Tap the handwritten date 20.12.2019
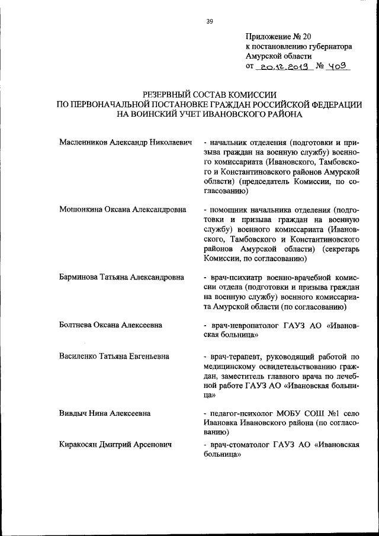point(283,66)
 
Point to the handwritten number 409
point(338,66)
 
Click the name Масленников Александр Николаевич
point(127,143)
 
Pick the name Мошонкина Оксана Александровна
point(123,210)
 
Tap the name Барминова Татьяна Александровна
point(121,277)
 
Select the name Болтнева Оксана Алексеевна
point(111,325)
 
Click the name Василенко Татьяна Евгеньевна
point(114,357)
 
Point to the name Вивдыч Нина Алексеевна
point(104,413)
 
